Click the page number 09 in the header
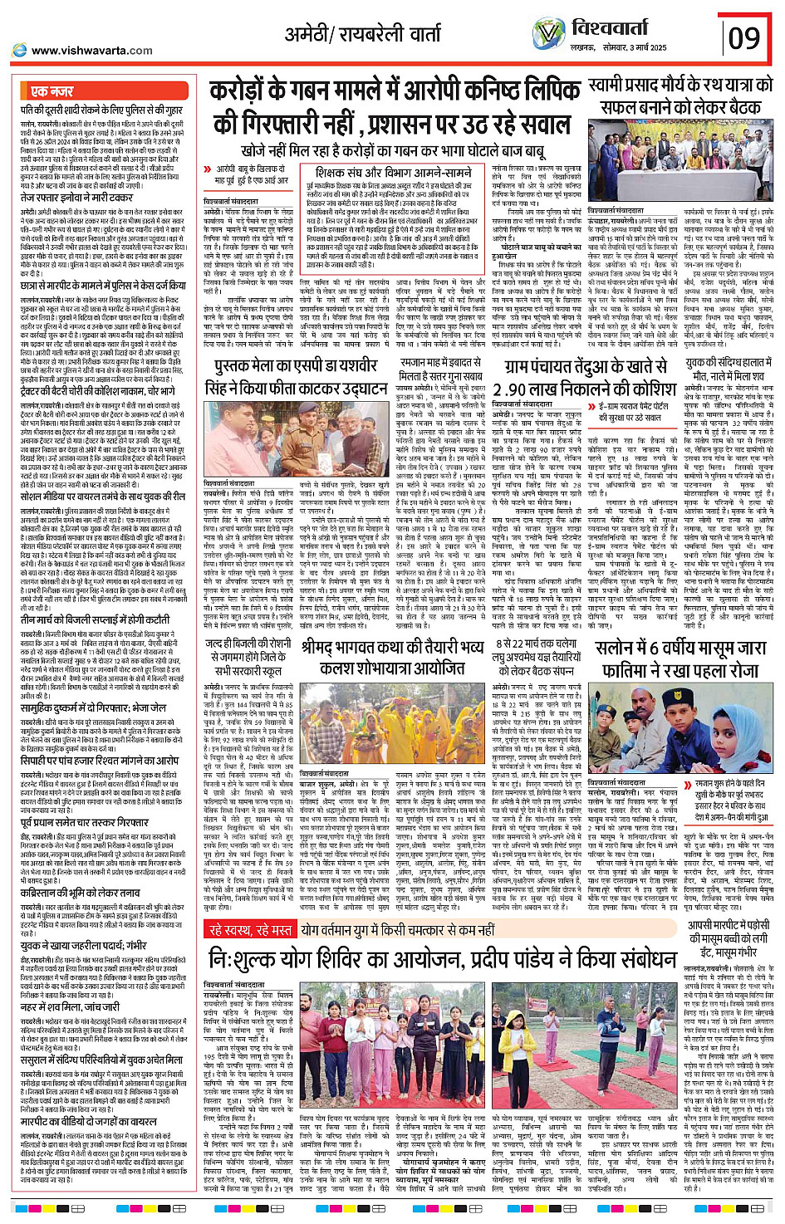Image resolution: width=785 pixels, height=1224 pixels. click(x=744, y=37)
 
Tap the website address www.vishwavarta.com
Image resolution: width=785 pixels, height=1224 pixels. click(x=91, y=51)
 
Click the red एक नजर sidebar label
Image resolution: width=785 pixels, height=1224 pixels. click(x=52, y=91)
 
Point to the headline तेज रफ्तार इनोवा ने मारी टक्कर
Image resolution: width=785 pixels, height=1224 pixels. click(x=76, y=198)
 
